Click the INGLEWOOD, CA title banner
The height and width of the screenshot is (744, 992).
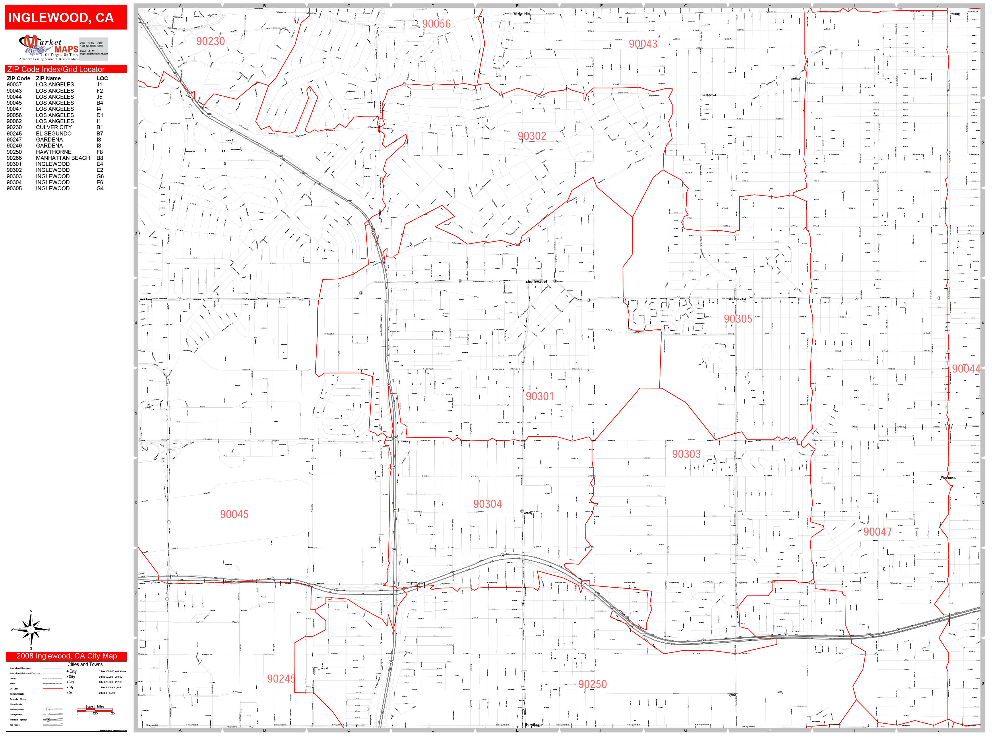(61, 18)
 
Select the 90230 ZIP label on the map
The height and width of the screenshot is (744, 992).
(210, 41)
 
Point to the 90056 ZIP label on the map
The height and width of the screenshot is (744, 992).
(436, 24)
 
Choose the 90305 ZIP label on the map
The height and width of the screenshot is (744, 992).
(737, 319)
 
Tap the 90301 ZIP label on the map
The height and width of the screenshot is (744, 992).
(540, 396)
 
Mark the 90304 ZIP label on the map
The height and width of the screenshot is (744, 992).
(487, 504)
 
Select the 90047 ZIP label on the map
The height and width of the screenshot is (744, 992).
(877, 532)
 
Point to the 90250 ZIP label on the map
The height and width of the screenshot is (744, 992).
(592, 684)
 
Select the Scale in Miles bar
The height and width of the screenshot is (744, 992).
(95, 710)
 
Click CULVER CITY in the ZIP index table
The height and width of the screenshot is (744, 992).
(54, 127)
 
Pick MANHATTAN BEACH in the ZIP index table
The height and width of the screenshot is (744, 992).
(63, 158)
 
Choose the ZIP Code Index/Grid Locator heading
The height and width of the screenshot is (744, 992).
(56, 69)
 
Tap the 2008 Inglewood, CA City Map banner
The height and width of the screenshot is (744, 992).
(66, 656)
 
